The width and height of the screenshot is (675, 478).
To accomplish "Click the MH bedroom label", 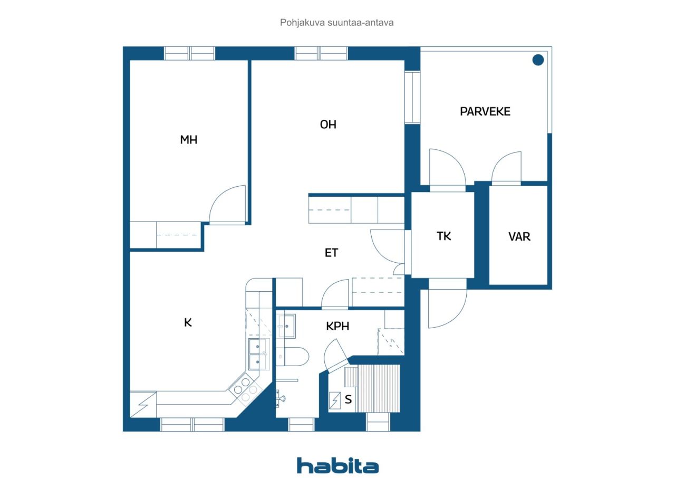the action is tap(189, 140).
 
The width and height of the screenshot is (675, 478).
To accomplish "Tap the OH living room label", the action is tap(328, 125).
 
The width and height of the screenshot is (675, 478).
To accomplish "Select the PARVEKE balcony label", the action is tap(485, 111).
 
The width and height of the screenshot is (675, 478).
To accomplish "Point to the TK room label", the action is tap(443, 236).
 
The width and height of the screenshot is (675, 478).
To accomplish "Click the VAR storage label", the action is tap(519, 236).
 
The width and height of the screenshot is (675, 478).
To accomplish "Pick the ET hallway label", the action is tap(331, 253).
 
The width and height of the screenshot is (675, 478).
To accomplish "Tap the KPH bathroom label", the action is tap(337, 326).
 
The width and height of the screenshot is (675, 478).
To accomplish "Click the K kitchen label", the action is tap(188, 323).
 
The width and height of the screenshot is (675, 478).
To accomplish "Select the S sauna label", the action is tap(348, 399).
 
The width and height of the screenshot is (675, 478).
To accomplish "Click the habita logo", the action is tap(337, 466).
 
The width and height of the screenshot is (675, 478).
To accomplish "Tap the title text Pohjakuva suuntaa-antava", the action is tap(336, 23).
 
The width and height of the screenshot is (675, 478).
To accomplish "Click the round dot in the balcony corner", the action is tap(538, 60).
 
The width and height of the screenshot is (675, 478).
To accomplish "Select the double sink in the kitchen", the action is tap(259, 354).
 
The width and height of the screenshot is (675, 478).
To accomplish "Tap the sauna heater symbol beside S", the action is tap(335, 400).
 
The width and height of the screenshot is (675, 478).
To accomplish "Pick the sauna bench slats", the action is tap(372, 388).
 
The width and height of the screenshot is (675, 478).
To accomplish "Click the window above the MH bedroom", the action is tap(189, 53).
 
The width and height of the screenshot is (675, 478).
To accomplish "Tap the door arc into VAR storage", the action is tap(500, 161).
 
